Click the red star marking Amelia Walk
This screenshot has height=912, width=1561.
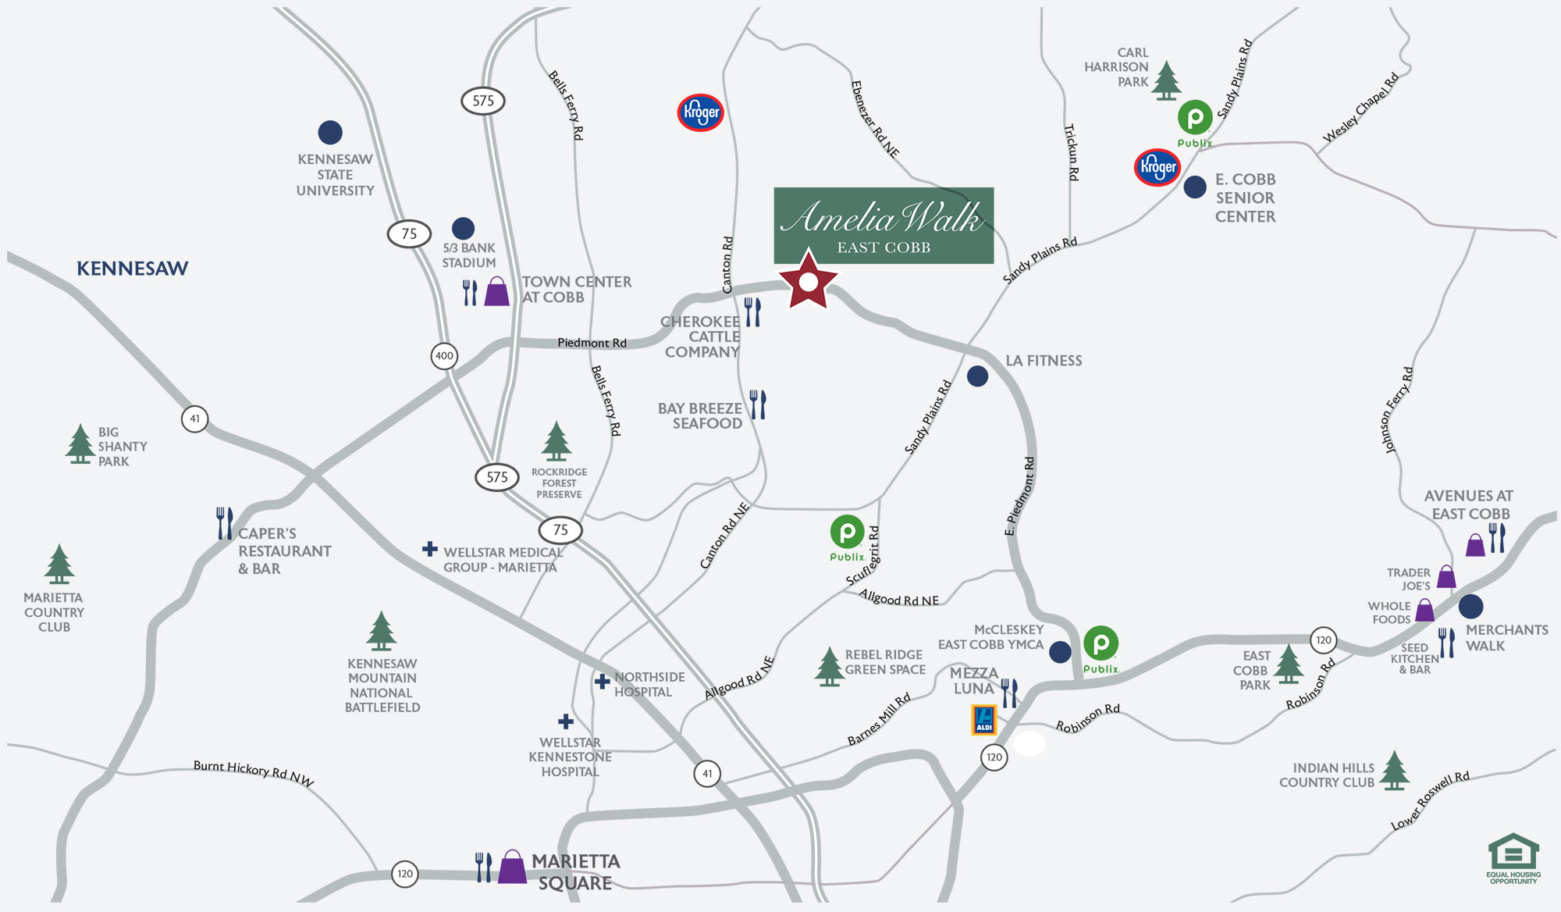(x=808, y=281)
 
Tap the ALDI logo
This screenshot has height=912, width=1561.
(x=983, y=720)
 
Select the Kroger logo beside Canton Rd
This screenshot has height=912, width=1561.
(x=700, y=112)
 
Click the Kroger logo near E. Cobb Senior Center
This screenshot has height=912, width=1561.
(x=1157, y=167)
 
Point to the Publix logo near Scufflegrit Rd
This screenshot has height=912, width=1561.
(x=847, y=536)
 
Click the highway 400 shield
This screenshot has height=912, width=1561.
(x=444, y=356)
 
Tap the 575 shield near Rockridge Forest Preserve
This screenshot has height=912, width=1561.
(x=497, y=477)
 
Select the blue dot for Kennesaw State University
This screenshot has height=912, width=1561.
(x=330, y=133)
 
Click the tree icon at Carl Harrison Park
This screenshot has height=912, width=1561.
(x=1166, y=81)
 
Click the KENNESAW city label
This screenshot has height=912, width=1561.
(x=132, y=269)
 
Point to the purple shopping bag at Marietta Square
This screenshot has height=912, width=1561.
(x=512, y=867)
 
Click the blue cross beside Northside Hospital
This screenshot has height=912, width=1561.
(x=602, y=682)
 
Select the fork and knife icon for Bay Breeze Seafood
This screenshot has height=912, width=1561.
(x=758, y=405)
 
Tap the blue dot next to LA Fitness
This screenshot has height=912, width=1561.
(x=977, y=376)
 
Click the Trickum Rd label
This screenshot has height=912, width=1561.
(x=1072, y=152)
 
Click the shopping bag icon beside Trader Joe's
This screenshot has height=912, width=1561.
(x=1446, y=577)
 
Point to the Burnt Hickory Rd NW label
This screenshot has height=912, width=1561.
(x=254, y=773)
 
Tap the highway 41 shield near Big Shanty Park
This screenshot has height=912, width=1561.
(x=194, y=419)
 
